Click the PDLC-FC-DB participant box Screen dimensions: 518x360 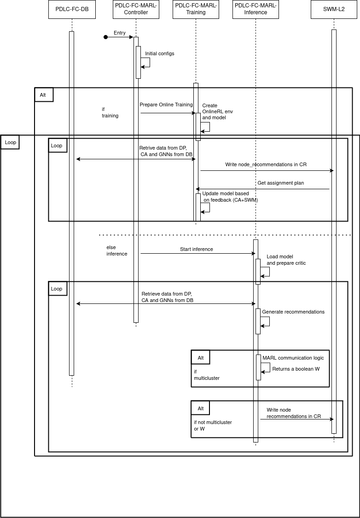click(x=72, y=9)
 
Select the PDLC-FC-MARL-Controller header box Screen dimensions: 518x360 click(x=136, y=9)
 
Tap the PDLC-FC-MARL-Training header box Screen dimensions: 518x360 click(x=196, y=9)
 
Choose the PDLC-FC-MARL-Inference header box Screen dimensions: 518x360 click(x=255, y=9)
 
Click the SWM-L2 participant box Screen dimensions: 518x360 click(x=334, y=9)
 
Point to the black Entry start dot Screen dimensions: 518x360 click(x=105, y=37)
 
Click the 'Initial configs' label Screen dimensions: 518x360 click(x=160, y=53)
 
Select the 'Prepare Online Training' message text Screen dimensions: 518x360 click(x=166, y=105)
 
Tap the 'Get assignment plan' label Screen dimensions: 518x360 click(x=280, y=183)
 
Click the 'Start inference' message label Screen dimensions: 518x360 click(x=197, y=249)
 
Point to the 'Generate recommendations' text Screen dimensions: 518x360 click(x=293, y=312)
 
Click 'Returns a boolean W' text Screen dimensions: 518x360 click(x=296, y=369)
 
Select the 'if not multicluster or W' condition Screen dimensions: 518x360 click(x=213, y=425)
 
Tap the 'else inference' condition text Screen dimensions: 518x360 click(x=116, y=250)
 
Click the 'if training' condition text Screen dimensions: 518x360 click(x=110, y=112)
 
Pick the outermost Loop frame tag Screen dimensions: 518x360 click(x=10, y=142)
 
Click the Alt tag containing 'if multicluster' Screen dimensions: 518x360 click(x=201, y=358)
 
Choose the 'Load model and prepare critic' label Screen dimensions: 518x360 click(x=286, y=260)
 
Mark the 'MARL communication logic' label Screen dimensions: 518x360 click(x=293, y=358)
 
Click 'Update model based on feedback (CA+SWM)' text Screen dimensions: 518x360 click(x=230, y=197)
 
